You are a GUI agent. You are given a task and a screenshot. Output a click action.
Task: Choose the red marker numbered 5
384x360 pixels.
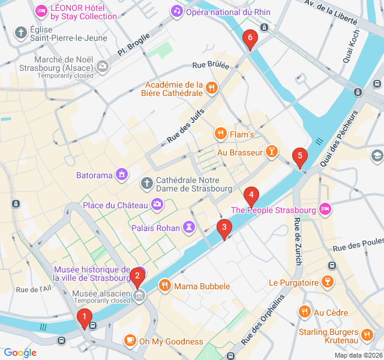(x=299, y=157)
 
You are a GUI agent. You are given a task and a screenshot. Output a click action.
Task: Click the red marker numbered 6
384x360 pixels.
(x=250, y=39)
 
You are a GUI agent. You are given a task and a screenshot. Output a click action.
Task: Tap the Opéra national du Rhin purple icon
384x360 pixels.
(x=176, y=11)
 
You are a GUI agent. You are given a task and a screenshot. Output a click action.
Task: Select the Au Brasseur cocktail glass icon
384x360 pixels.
(x=272, y=152)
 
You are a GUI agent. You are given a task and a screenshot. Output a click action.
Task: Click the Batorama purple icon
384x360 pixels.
(x=122, y=175)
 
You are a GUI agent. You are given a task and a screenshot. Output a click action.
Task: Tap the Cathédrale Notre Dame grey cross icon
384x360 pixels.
(x=146, y=183)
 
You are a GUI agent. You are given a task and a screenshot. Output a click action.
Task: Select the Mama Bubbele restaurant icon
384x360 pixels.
(x=164, y=286)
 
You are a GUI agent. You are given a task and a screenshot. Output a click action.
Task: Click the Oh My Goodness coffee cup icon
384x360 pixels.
(x=130, y=341)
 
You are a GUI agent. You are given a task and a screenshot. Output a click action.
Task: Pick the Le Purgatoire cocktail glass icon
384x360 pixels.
(x=327, y=281)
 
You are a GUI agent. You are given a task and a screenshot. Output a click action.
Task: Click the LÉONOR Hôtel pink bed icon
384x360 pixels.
(x=41, y=11)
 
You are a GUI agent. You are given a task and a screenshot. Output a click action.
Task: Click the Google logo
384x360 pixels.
(x=20, y=353)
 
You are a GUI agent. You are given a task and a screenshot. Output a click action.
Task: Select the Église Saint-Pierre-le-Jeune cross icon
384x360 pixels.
(x=21, y=32)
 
